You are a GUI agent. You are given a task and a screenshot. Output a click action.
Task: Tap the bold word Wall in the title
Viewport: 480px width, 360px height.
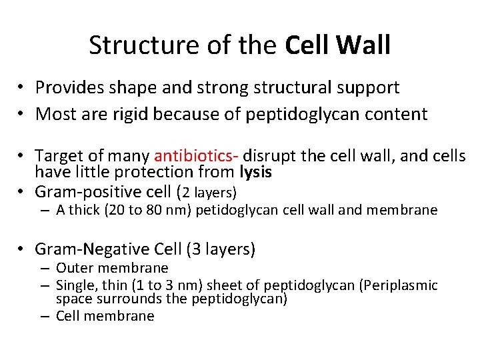(x=363, y=45)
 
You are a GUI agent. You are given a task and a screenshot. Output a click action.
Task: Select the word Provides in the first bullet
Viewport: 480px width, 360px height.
(x=69, y=87)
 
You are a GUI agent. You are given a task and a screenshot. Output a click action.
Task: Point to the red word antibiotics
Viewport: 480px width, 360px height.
(x=194, y=156)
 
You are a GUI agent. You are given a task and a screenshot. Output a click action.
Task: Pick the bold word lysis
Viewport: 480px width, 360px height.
(x=257, y=172)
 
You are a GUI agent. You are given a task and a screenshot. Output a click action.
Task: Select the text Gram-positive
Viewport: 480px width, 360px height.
(x=85, y=192)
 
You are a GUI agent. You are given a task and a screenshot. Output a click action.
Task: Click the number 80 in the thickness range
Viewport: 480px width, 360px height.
(x=153, y=211)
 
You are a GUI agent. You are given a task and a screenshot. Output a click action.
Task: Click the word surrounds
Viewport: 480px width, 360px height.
(x=131, y=299)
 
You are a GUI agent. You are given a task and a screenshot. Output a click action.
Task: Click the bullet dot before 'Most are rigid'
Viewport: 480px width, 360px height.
(x=22, y=115)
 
